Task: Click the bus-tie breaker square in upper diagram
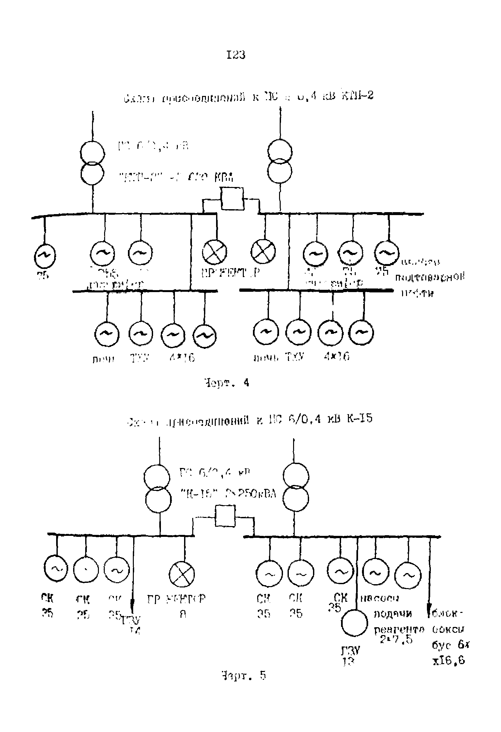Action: click(x=232, y=198)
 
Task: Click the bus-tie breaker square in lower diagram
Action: click(x=225, y=516)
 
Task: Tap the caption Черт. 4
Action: click(x=227, y=382)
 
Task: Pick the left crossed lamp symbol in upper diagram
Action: click(x=215, y=252)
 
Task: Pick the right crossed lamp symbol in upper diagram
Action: click(x=263, y=252)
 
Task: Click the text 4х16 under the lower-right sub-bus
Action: click(x=337, y=357)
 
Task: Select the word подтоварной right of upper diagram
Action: click(x=430, y=278)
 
